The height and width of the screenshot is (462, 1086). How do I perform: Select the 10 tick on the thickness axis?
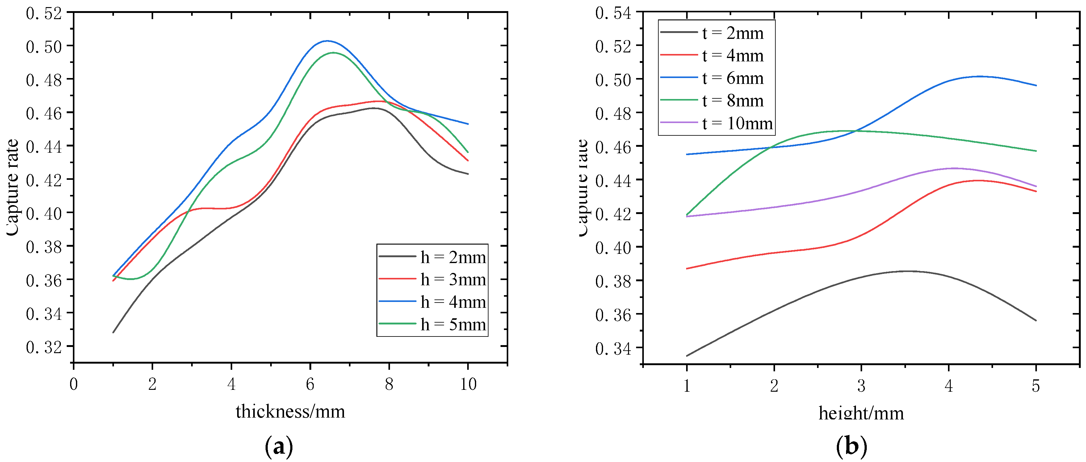pyautogui.click(x=468, y=384)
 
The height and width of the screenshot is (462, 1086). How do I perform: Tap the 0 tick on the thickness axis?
pyautogui.click(x=74, y=384)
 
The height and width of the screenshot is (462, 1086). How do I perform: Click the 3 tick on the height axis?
pyautogui.click(x=861, y=385)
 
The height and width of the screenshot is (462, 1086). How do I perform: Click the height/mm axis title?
pyautogui.click(x=861, y=413)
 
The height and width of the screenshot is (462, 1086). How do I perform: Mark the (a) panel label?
pyautogui.click(x=279, y=446)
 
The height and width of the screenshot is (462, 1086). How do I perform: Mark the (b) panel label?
pyautogui.click(x=851, y=446)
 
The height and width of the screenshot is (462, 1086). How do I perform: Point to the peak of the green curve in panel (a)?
pyautogui.click(x=334, y=53)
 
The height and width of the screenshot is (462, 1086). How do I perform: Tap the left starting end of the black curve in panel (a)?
pyautogui.click(x=113, y=332)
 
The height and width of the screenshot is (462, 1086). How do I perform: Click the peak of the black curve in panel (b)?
pyautogui.click(x=906, y=271)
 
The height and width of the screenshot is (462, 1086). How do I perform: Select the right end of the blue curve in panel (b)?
pyautogui.click(x=1036, y=85)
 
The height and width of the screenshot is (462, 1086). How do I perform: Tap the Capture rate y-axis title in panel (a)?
pyautogui.click(x=13, y=188)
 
